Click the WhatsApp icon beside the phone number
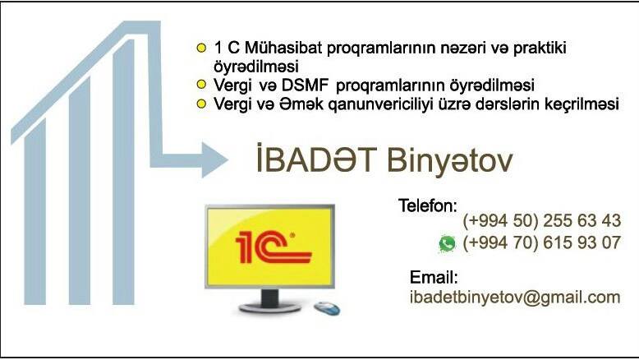[x=447, y=244]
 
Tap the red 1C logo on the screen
[x=274, y=247]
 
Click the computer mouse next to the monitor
[x=327, y=308]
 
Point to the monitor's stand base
[x=269, y=307]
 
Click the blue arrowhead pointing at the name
[x=214, y=159]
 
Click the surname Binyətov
[x=449, y=160]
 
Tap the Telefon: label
[x=428, y=205]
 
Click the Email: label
[x=434, y=277]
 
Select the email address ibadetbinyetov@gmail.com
[x=515, y=298]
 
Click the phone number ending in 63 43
[x=541, y=220]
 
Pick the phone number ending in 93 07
[x=541, y=242]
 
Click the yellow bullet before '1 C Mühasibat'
[x=201, y=48]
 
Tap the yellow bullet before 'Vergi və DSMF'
[x=201, y=85]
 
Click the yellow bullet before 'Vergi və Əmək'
[x=201, y=104]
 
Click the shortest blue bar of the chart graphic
[x=35, y=212]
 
